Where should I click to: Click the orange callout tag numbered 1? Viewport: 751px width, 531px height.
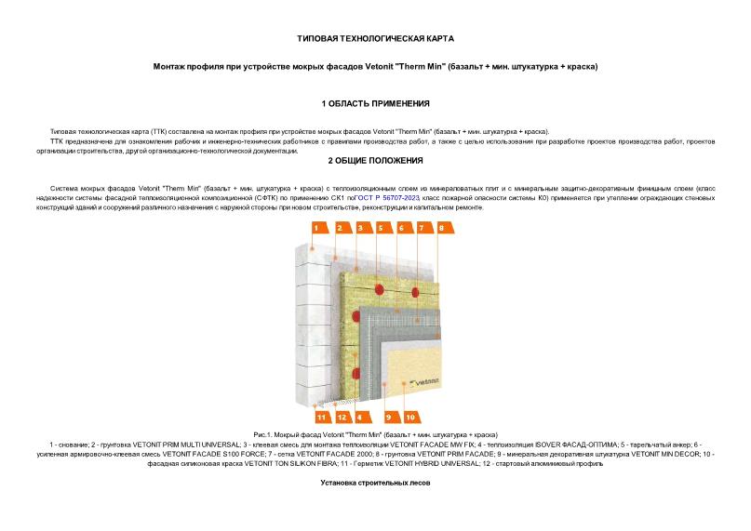316,228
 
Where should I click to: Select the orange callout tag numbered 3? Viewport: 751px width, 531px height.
359,228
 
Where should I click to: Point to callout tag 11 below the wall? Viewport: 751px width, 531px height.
322,417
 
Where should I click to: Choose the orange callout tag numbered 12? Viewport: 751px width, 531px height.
342,417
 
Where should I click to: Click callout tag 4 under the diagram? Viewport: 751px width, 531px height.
359,417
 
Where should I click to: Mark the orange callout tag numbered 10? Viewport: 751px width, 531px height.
409,417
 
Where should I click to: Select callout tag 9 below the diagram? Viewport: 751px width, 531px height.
389,417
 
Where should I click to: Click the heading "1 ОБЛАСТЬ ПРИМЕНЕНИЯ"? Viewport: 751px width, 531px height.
375,103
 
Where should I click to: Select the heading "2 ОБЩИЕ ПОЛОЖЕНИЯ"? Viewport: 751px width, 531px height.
375,161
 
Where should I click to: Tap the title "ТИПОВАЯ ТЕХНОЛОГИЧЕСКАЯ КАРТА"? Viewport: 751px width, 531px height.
375,39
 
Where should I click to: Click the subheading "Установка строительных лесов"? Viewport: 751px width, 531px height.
375,483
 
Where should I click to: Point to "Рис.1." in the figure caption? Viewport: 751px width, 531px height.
264,435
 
